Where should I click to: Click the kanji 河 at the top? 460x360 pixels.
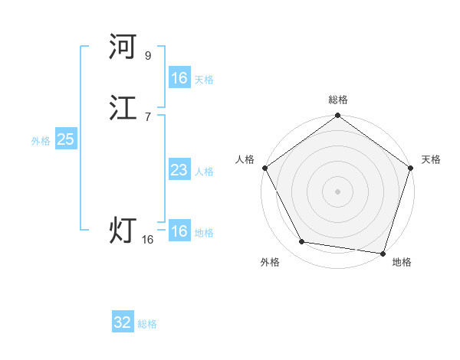coord(123,47)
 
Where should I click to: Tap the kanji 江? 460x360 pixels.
coord(123,110)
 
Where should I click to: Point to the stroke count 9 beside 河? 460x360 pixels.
coord(148,55)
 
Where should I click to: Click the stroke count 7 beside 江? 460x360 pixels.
coord(148,116)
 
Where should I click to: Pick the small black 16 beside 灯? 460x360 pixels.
coord(148,240)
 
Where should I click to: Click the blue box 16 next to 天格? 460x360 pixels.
coord(179,78)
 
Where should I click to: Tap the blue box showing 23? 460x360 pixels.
coord(179,170)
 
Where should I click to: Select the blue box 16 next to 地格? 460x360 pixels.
coord(179,231)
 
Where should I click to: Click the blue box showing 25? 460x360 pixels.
coord(65,139)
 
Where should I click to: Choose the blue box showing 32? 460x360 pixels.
coord(123,322)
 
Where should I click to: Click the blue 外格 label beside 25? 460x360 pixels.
coord(41,141)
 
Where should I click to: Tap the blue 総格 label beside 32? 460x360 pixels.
coord(147,324)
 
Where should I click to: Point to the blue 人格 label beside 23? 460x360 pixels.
coord(204,172)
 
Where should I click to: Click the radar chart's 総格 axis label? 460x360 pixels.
coord(337,100)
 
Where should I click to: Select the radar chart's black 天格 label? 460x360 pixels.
coord(431,159)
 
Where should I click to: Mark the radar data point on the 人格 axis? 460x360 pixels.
coord(264,168)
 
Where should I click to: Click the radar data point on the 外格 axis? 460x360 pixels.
coord(302,242)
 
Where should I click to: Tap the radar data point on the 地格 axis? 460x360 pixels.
coord(383,253)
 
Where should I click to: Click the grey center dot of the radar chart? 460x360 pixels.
coord(337,191)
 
